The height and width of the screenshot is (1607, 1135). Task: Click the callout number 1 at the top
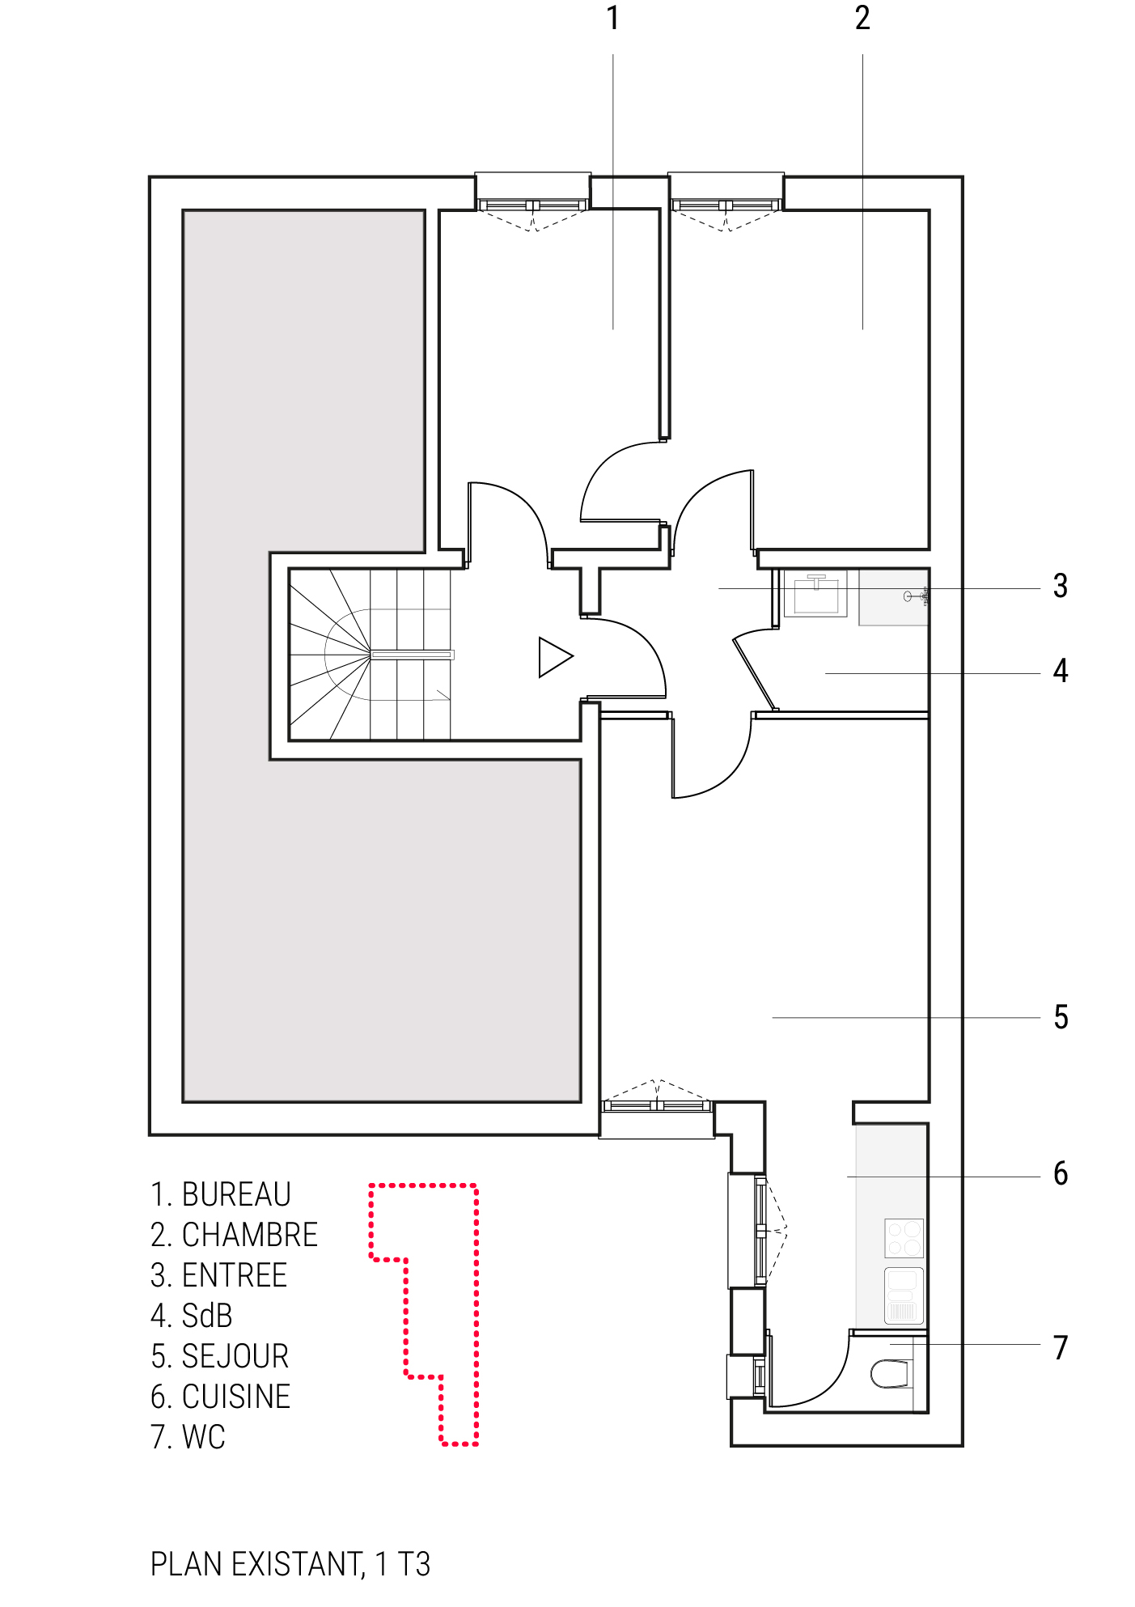pyautogui.click(x=612, y=18)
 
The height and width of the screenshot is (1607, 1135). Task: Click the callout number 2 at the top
pyautogui.click(x=862, y=18)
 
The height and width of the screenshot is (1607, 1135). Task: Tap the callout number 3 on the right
pyautogui.click(x=1060, y=586)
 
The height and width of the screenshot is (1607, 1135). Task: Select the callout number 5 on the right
pyautogui.click(x=1061, y=1017)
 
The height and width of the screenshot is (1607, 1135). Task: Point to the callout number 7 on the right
pyautogui.click(x=1061, y=1347)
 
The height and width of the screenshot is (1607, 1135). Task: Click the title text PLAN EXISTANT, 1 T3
pyautogui.click(x=290, y=1564)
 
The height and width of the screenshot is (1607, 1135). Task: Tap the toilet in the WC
pyautogui.click(x=890, y=1374)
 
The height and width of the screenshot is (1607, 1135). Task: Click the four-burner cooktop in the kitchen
pyautogui.click(x=904, y=1238)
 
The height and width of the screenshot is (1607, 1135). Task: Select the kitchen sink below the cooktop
pyautogui.click(x=904, y=1295)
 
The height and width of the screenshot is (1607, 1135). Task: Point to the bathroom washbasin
pyautogui.click(x=815, y=594)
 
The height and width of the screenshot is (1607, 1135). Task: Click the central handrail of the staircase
pyautogui.click(x=413, y=655)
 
